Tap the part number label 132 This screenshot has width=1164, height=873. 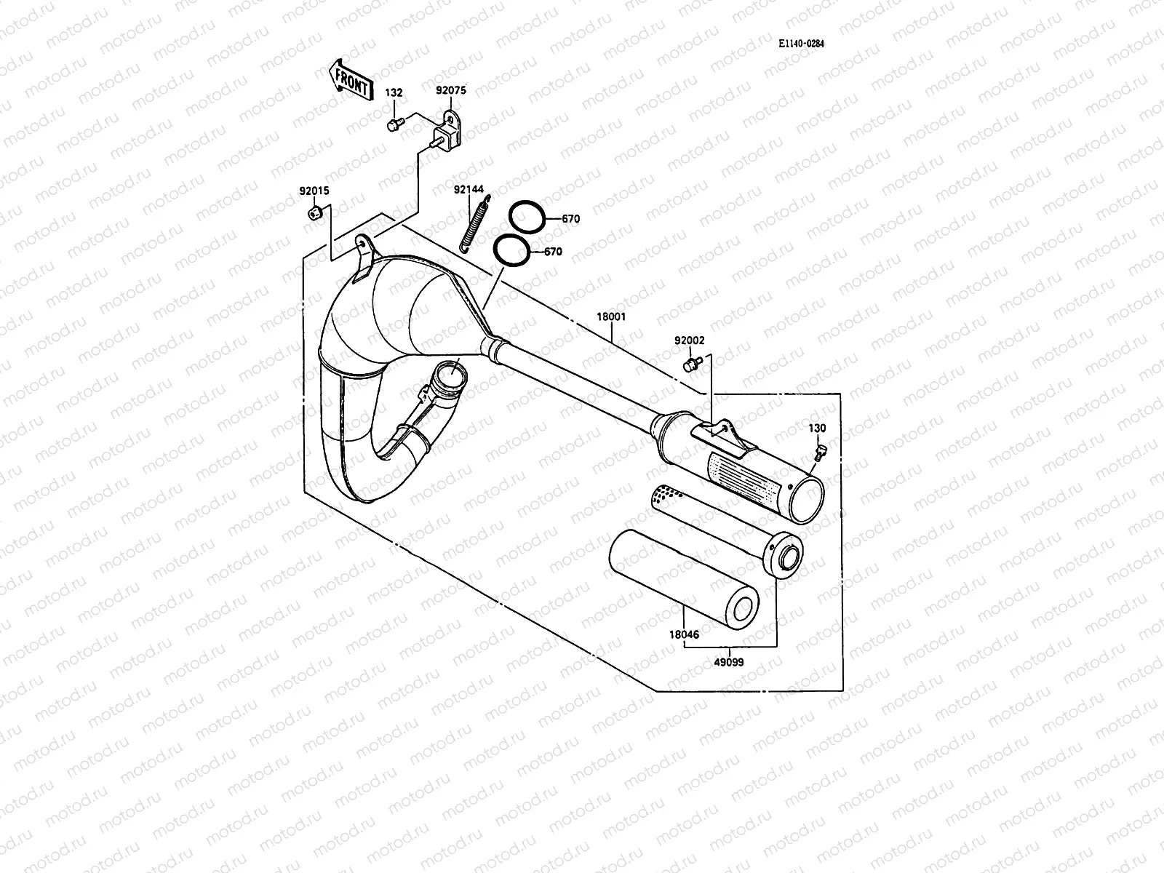pyautogui.click(x=394, y=93)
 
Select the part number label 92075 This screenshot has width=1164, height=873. pyautogui.click(x=450, y=91)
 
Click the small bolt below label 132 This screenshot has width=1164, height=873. pyautogui.click(x=395, y=124)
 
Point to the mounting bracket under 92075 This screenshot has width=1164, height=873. pyautogui.click(x=449, y=135)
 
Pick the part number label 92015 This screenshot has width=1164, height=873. pyautogui.click(x=314, y=192)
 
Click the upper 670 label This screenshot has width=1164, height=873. pyautogui.click(x=570, y=218)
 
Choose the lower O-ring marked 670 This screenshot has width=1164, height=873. pyautogui.click(x=511, y=251)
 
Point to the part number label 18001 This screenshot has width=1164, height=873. pyautogui.click(x=611, y=317)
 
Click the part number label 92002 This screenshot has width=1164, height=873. pyautogui.click(x=689, y=340)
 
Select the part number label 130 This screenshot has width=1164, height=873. pyautogui.click(x=817, y=428)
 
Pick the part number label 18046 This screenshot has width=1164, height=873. pyautogui.click(x=684, y=634)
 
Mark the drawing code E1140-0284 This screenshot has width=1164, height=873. pyautogui.click(x=801, y=44)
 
